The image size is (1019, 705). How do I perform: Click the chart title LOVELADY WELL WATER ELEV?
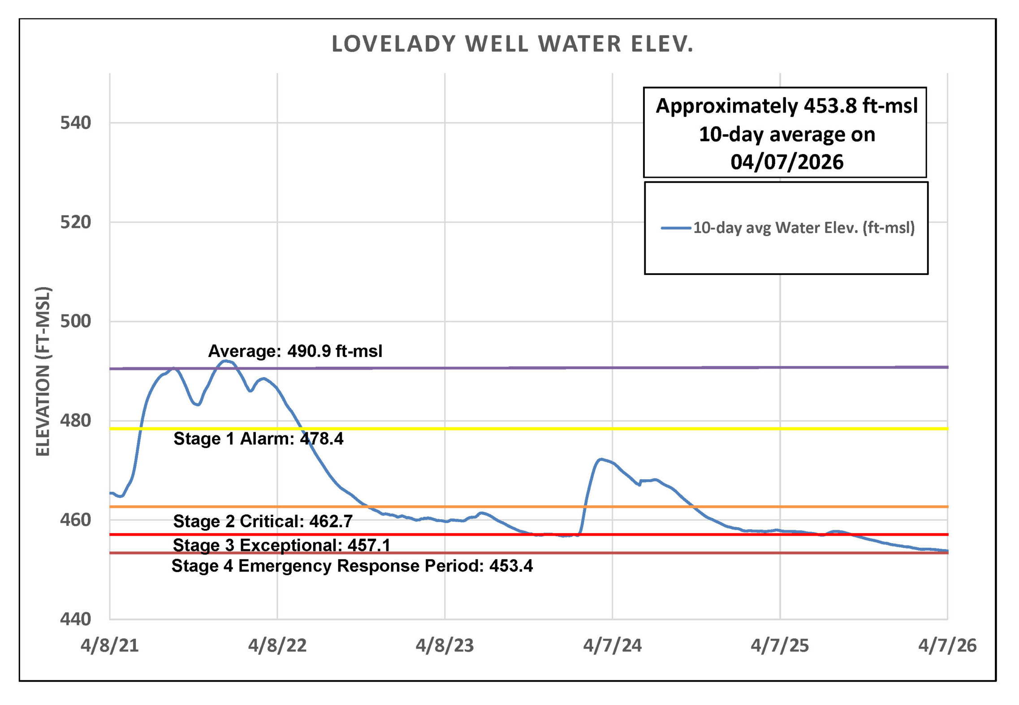pyautogui.click(x=512, y=44)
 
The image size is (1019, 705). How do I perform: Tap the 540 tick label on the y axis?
pyautogui.click(x=76, y=123)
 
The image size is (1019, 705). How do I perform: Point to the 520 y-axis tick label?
pyautogui.click(x=76, y=222)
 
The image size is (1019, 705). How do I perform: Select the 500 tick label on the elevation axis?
pyautogui.click(x=76, y=321)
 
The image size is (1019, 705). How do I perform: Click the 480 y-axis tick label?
pyautogui.click(x=76, y=421)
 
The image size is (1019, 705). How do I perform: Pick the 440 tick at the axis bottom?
pyautogui.click(x=76, y=619)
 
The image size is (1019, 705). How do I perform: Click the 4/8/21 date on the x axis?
pyautogui.click(x=110, y=645)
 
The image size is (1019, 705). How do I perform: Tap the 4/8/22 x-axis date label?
pyautogui.click(x=277, y=645)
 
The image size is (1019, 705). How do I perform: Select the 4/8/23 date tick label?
pyautogui.click(x=445, y=645)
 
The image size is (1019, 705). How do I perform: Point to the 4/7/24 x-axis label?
pyautogui.click(x=612, y=645)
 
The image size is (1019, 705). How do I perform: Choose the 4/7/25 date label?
pyautogui.click(x=780, y=645)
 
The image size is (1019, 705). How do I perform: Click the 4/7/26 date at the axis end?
pyautogui.click(x=947, y=645)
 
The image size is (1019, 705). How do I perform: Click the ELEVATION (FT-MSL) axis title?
pyautogui.click(x=43, y=371)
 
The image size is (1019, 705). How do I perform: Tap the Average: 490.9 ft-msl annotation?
pyautogui.click(x=295, y=351)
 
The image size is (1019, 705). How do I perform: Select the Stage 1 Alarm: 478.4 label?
pyautogui.click(x=259, y=439)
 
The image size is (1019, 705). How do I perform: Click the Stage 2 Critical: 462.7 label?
pyautogui.click(x=263, y=521)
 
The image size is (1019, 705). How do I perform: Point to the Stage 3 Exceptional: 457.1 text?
pyautogui.click(x=281, y=545)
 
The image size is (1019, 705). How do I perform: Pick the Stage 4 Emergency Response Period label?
pyautogui.click(x=352, y=566)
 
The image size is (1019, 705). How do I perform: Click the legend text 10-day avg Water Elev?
pyautogui.click(x=804, y=228)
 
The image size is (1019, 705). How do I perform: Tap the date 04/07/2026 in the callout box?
pyautogui.click(x=787, y=162)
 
